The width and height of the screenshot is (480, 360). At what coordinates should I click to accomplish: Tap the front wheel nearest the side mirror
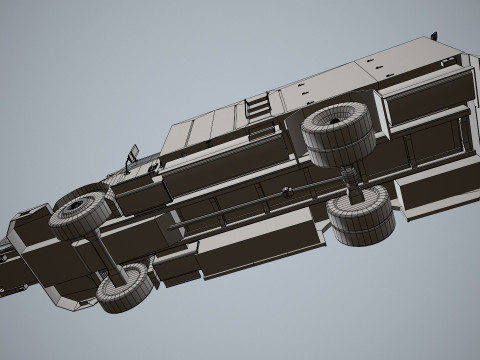pos(81,213)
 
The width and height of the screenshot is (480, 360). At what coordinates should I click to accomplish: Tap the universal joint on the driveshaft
pos(288,191)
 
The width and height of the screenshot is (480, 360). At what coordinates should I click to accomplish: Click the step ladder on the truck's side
pos(257,106)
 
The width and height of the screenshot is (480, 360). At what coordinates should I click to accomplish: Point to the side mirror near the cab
pos(132,156)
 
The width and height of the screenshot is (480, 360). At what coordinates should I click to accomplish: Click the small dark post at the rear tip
pos(435,37)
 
